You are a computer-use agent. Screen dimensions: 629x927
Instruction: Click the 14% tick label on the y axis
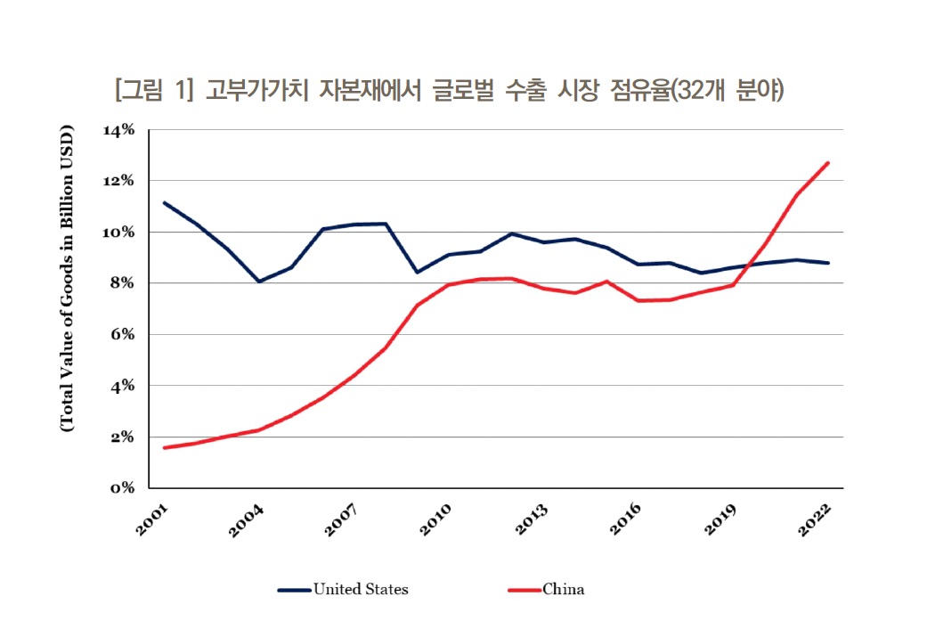click(118, 130)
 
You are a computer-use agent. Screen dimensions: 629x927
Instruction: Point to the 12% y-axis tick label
click(118, 181)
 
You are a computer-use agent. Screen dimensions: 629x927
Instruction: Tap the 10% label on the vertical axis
click(118, 233)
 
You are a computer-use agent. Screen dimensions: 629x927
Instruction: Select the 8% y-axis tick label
click(122, 283)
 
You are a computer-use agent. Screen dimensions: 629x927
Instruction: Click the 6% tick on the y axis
click(122, 335)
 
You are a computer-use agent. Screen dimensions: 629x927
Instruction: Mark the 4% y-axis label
click(122, 387)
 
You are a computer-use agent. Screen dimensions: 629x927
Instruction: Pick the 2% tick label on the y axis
click(122, 437)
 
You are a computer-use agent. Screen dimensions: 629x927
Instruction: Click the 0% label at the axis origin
click(122, 488)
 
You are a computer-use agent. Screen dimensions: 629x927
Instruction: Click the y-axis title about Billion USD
click(67, 280)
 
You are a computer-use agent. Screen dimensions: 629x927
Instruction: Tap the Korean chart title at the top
click(449, 90)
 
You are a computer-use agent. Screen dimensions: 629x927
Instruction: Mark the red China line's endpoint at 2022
click(828, 162)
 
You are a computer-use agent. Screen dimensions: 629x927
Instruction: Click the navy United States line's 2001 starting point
click(164, 202)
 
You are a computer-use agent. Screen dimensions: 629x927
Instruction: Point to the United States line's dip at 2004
click(258, 282)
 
